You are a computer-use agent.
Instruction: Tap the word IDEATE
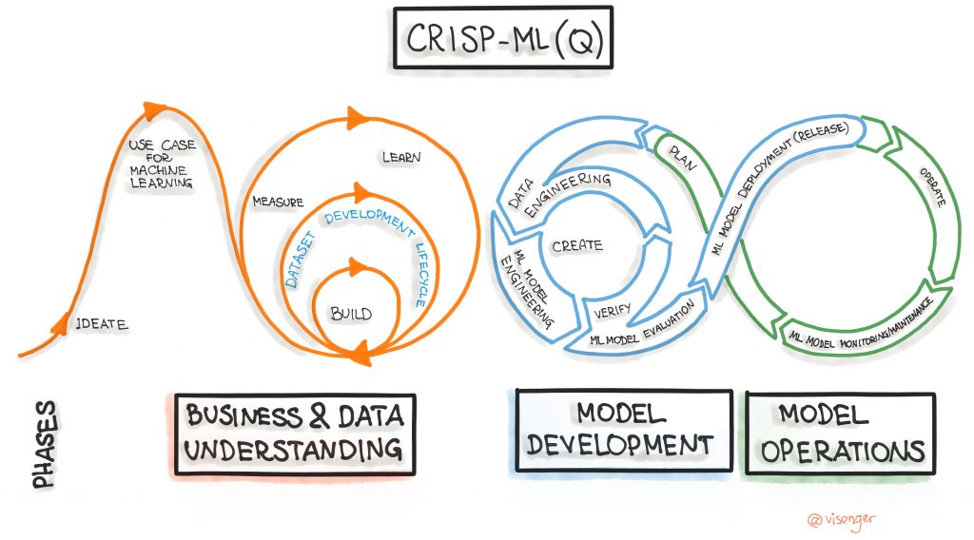click(102, 324)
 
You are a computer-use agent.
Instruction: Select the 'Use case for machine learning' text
click(160, 164)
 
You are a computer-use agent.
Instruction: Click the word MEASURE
click(277, 202)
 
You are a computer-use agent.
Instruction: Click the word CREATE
click(576, 245)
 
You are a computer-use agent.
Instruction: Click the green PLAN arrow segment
click(683, 157)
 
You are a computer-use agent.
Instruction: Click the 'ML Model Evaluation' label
click(647, 324)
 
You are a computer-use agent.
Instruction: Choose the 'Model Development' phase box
click(622, 431)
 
